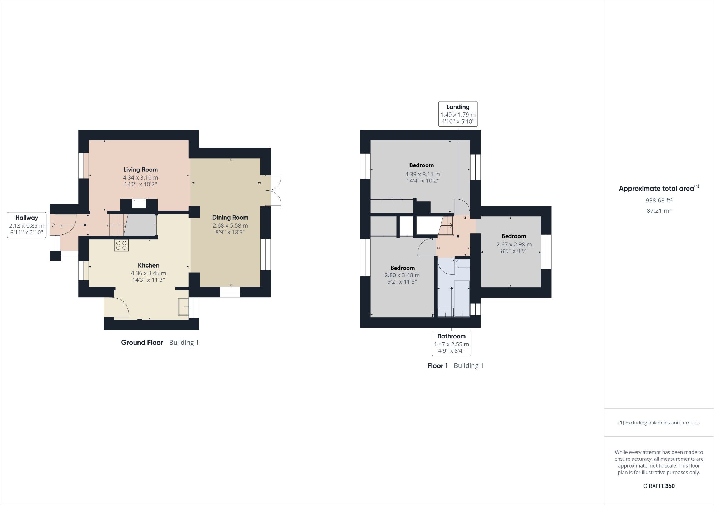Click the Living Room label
pos(140,170)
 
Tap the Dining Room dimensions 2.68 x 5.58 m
pos(230,225)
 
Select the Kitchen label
pos(149,265)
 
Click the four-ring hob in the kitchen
pos(121,245)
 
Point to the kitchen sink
pos(183,306)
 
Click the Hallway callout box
pos(27,225)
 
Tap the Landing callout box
pos(458,114)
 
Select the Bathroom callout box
pos(451,343)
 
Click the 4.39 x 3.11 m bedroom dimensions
pos(423,174)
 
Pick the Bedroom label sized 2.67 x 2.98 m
pos(514,236)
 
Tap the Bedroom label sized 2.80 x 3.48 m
pos(402,268)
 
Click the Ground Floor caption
pos(142,342)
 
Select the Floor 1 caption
pos(437,365)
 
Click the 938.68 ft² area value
pos(659,200)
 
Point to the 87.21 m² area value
pos(659,211)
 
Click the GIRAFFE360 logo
pos(659,486)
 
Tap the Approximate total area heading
pos(659,189)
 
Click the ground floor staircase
pos(117,225)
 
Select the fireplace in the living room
pos(139,204)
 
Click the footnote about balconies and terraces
pos(659,422)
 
